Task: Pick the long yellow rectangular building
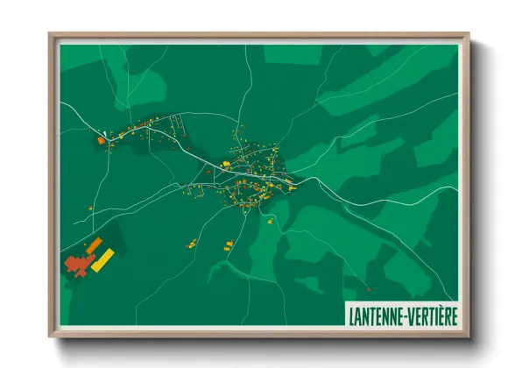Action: point(102,259)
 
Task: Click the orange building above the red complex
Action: point(93,244)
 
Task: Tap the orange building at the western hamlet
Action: point(101,140)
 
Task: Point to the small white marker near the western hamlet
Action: point(105,135)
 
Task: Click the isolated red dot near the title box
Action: point(369,288)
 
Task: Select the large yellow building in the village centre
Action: point(225,164)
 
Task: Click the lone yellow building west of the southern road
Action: point(191,242)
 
